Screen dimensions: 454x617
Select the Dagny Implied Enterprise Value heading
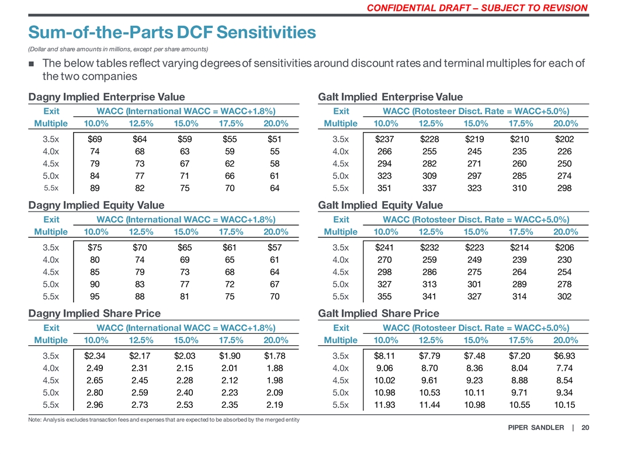coord(107,97)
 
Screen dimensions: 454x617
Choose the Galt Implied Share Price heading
coord(379,314)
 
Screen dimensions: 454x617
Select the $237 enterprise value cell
coord(386,139)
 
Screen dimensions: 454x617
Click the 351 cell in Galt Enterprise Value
coord(386,188)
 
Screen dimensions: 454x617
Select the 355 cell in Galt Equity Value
coord(386,296)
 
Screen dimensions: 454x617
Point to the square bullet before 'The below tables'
coord(33,64)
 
